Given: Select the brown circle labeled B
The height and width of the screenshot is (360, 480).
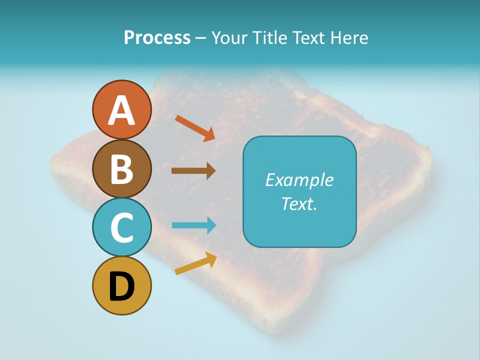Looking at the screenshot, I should pos(121,168).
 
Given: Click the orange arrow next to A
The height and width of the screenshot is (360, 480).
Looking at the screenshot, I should pos(195,128).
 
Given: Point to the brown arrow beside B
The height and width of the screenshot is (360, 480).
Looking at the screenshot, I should pos(193,171).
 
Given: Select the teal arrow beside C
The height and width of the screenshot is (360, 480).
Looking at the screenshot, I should pos(193,225).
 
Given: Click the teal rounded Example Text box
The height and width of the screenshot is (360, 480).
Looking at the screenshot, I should pos(299,191).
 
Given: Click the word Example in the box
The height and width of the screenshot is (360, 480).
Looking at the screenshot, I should pos(299,180).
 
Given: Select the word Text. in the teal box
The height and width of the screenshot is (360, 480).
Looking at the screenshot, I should pos(299,203).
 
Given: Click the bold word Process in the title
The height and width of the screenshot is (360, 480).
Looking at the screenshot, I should pos(157,37).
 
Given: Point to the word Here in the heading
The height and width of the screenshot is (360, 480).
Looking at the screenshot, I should pos(350,37).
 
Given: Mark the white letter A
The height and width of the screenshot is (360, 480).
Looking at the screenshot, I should pos(121,111).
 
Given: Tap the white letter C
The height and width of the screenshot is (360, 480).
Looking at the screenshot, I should pos(121,227).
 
